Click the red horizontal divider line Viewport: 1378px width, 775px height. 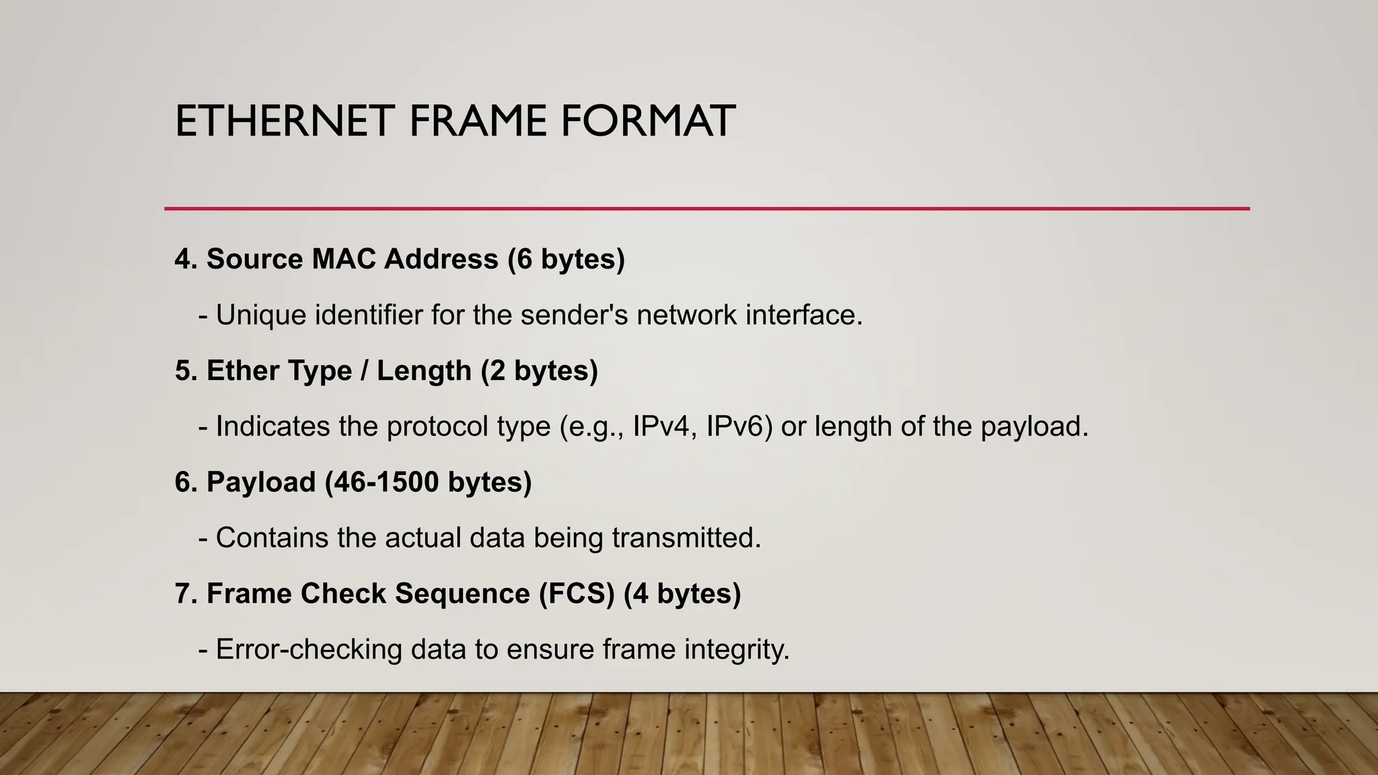click(x=706, y=209)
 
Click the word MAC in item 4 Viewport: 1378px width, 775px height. click(x=343, y=259)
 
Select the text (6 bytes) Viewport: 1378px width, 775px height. click(x=566, y=259)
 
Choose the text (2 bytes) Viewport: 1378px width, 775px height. click(x=539, y=371)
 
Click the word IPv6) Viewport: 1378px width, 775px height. click(x=739, y=427)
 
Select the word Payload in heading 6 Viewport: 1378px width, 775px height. click(x=261, y=482)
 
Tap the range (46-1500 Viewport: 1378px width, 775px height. click(x=382, y=482)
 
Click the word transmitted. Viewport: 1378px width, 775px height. click(x=686, y=538)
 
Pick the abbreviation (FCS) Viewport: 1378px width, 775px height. click(x=577, y=594)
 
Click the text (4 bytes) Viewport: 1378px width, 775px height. click(x=682, y=594)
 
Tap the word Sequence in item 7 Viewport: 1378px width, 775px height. click(x=462, y=594)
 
